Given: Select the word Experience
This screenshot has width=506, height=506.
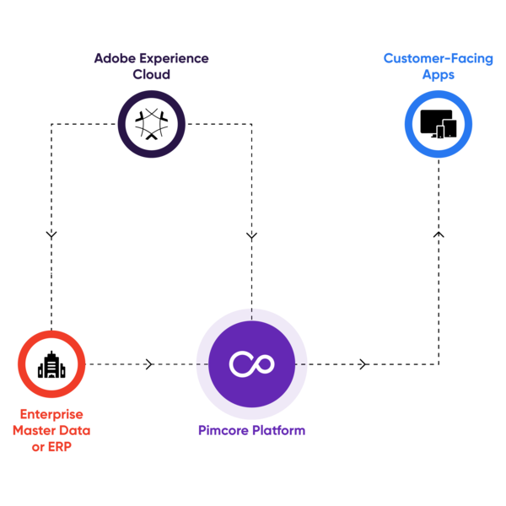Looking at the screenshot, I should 172,59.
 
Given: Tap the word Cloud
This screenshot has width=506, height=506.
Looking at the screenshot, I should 152,74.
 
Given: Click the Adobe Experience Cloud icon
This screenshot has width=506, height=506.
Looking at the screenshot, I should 152,124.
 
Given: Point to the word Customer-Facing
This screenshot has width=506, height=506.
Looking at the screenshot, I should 438,59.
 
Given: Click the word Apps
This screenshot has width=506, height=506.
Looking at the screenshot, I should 439,74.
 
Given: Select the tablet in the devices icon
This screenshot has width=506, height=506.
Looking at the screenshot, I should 449,128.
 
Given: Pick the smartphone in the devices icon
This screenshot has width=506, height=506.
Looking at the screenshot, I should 439,132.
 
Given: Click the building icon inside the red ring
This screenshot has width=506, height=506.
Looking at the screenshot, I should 51,364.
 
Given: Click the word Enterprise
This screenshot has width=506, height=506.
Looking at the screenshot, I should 51,415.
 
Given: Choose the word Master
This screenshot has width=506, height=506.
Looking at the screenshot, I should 35,431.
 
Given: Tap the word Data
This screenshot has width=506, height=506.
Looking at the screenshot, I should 75,431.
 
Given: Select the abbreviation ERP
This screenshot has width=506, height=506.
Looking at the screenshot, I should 59,447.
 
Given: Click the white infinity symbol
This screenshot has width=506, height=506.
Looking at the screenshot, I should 252,364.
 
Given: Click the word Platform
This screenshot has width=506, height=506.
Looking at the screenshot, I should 279,431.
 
